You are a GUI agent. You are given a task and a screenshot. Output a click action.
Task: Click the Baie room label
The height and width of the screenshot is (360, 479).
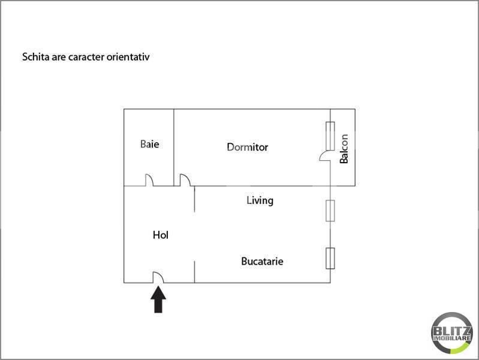click(149, 145)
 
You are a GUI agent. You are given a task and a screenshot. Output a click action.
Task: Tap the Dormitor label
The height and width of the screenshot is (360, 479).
click(247, 147)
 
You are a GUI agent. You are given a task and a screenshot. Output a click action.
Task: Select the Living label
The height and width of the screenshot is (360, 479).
click(260, 200)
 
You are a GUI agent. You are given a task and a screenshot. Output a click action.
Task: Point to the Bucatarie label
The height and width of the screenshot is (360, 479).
click(262, 262)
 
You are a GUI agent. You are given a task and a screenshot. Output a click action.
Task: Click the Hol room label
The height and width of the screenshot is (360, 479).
click(161, 235)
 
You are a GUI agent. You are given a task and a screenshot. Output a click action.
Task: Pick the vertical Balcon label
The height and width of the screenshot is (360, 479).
click(344, 148)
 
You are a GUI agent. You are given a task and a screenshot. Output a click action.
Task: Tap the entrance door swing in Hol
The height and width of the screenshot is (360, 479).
click(159, 277)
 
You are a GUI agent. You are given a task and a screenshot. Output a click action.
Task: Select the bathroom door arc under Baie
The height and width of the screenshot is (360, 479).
click(149, 180)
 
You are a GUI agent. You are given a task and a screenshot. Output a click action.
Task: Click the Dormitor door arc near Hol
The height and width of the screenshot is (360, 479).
click(185, 180)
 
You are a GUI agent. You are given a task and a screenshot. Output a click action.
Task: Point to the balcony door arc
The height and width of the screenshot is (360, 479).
click(324, 155)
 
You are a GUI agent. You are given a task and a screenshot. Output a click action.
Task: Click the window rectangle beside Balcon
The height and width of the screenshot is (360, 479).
click(330, 136)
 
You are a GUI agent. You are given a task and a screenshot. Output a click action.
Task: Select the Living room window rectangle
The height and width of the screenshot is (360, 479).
click(330, 211)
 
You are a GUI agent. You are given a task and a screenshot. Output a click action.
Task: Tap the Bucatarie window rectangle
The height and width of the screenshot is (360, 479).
click(330, 258)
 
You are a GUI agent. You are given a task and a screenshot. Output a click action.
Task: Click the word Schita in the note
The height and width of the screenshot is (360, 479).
click(35, 58)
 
